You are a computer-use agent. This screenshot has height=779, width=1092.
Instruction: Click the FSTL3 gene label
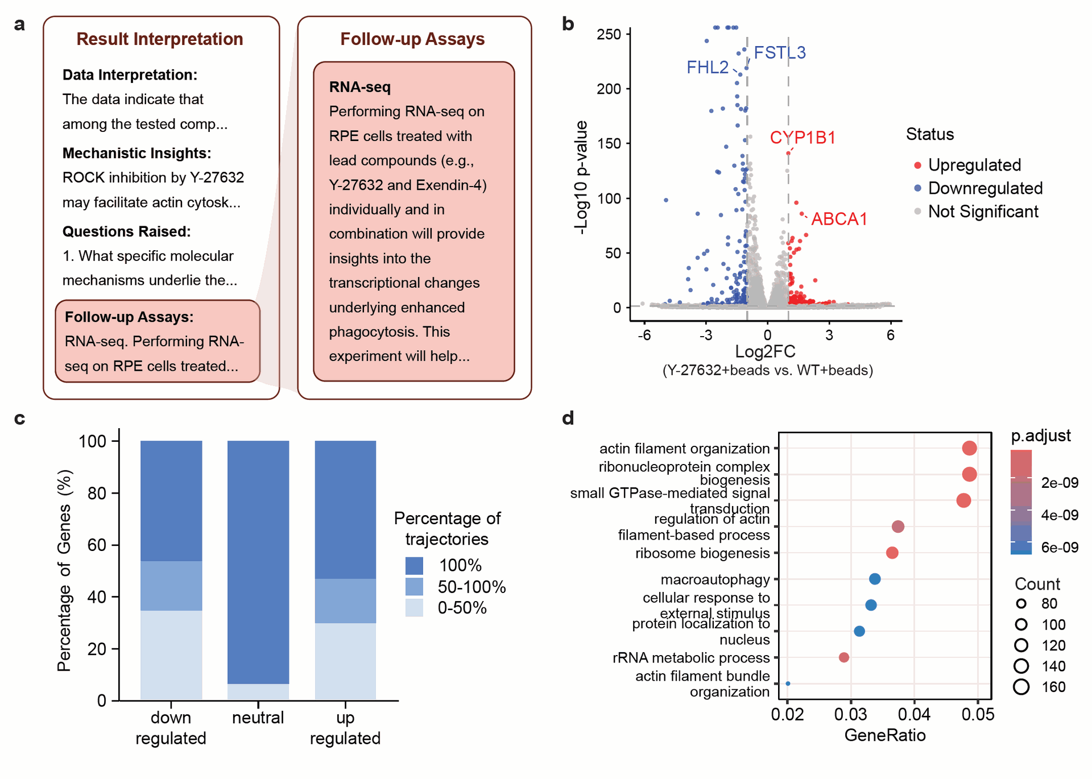[779, 53]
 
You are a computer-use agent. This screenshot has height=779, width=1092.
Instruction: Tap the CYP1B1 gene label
[803, 138]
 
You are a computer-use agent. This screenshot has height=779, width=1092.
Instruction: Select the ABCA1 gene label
[839, 219]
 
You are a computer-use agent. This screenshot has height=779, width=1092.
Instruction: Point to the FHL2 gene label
[708, 68]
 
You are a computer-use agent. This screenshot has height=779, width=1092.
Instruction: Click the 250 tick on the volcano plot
[609, 34]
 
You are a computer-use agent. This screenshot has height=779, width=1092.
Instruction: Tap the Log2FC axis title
[765, 351]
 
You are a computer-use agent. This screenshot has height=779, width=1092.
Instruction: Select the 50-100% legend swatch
[414, 586]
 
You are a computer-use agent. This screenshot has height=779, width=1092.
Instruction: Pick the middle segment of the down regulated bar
[171, 586]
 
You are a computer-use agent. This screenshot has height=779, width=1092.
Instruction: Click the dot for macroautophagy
[875, 579]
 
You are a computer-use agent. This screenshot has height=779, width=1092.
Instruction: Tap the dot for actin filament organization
[969, 448]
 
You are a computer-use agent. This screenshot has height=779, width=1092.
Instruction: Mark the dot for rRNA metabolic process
[844, 657]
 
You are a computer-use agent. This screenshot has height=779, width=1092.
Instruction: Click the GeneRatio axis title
[885, 735]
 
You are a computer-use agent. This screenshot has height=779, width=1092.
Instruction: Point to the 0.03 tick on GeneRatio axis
[851, 714]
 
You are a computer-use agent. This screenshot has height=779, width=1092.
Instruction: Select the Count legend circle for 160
[1021, 687]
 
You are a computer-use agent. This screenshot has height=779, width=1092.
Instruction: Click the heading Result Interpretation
[160, 39]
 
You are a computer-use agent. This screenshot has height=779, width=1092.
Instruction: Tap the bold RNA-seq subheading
[360, 87]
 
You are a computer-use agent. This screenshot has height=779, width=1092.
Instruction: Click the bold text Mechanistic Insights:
[136, 153]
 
